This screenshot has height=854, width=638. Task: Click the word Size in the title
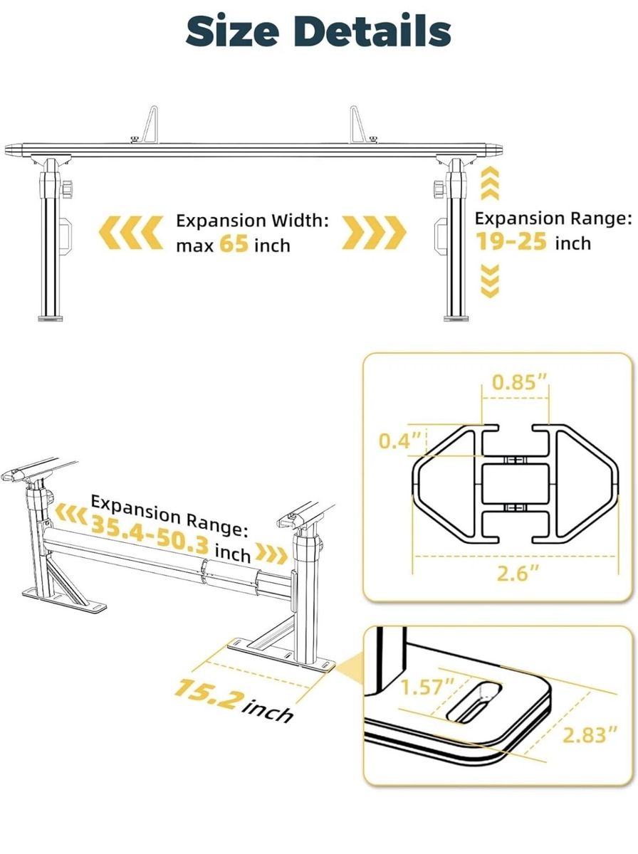pyautogui.click(x=232, y=31)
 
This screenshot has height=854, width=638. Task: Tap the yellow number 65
pyautogui.click(x=234, y=244)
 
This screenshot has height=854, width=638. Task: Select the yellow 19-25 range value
pyautogui.click(x=511, y=241)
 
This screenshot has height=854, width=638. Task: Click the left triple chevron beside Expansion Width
pyautogui.click(x=131, y=232)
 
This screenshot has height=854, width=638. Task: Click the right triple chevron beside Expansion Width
pyautogui.click(x=374, y=232)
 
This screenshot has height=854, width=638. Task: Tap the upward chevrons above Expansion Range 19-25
pyautogui.click(x=490, y=184)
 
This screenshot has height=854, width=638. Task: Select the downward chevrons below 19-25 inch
pyautogui.click(x=490, y=281)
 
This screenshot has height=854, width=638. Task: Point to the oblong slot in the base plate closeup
pyautogui.click(x=474, y=702)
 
